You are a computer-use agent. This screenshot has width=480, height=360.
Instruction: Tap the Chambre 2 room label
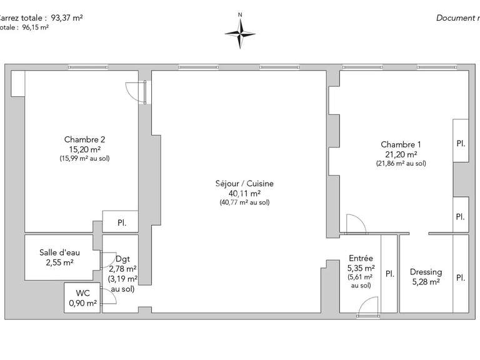click(x=81, y=139)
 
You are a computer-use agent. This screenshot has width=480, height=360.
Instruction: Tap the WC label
click(x=82, y=292)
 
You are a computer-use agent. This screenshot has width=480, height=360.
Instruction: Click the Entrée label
click(x=361, y=257)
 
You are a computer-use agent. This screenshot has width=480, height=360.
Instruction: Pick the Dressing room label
click(x=426, y=272)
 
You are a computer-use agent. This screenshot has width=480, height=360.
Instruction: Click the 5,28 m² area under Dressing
click(x=426, y=282)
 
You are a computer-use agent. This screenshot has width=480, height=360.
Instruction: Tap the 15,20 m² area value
click(x=81, y=149)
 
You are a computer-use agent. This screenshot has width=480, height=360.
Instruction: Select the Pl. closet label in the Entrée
click(x=389, y=273)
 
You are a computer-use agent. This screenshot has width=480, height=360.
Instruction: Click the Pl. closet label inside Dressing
click(x=460, y=277)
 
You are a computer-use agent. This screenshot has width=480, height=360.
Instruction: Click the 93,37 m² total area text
click(x=62, y=17)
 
